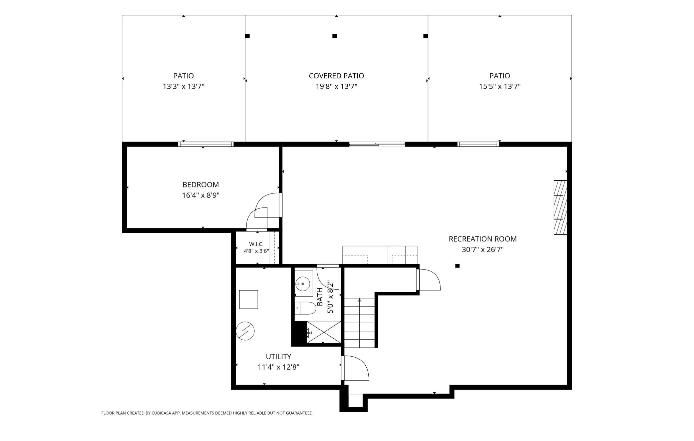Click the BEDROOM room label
point(201,184)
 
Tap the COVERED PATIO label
point(336,76)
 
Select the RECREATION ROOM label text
point(482,239)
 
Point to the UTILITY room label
point(278,356)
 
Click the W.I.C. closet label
point(256,244)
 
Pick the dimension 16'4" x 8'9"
point(201,195)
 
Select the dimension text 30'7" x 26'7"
point(482,250)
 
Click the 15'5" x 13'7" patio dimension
point(499,86)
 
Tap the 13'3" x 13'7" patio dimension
point(183,86)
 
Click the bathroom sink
point(303,284)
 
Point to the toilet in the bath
point(305,308)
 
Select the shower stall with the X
point(324,332)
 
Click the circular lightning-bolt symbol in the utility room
point(245,331)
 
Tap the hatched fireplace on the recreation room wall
point(560,207)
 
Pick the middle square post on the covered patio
point(335,36)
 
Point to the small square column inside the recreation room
point(457,266)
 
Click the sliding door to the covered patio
point(377,144)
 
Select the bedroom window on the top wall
point(206,144)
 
